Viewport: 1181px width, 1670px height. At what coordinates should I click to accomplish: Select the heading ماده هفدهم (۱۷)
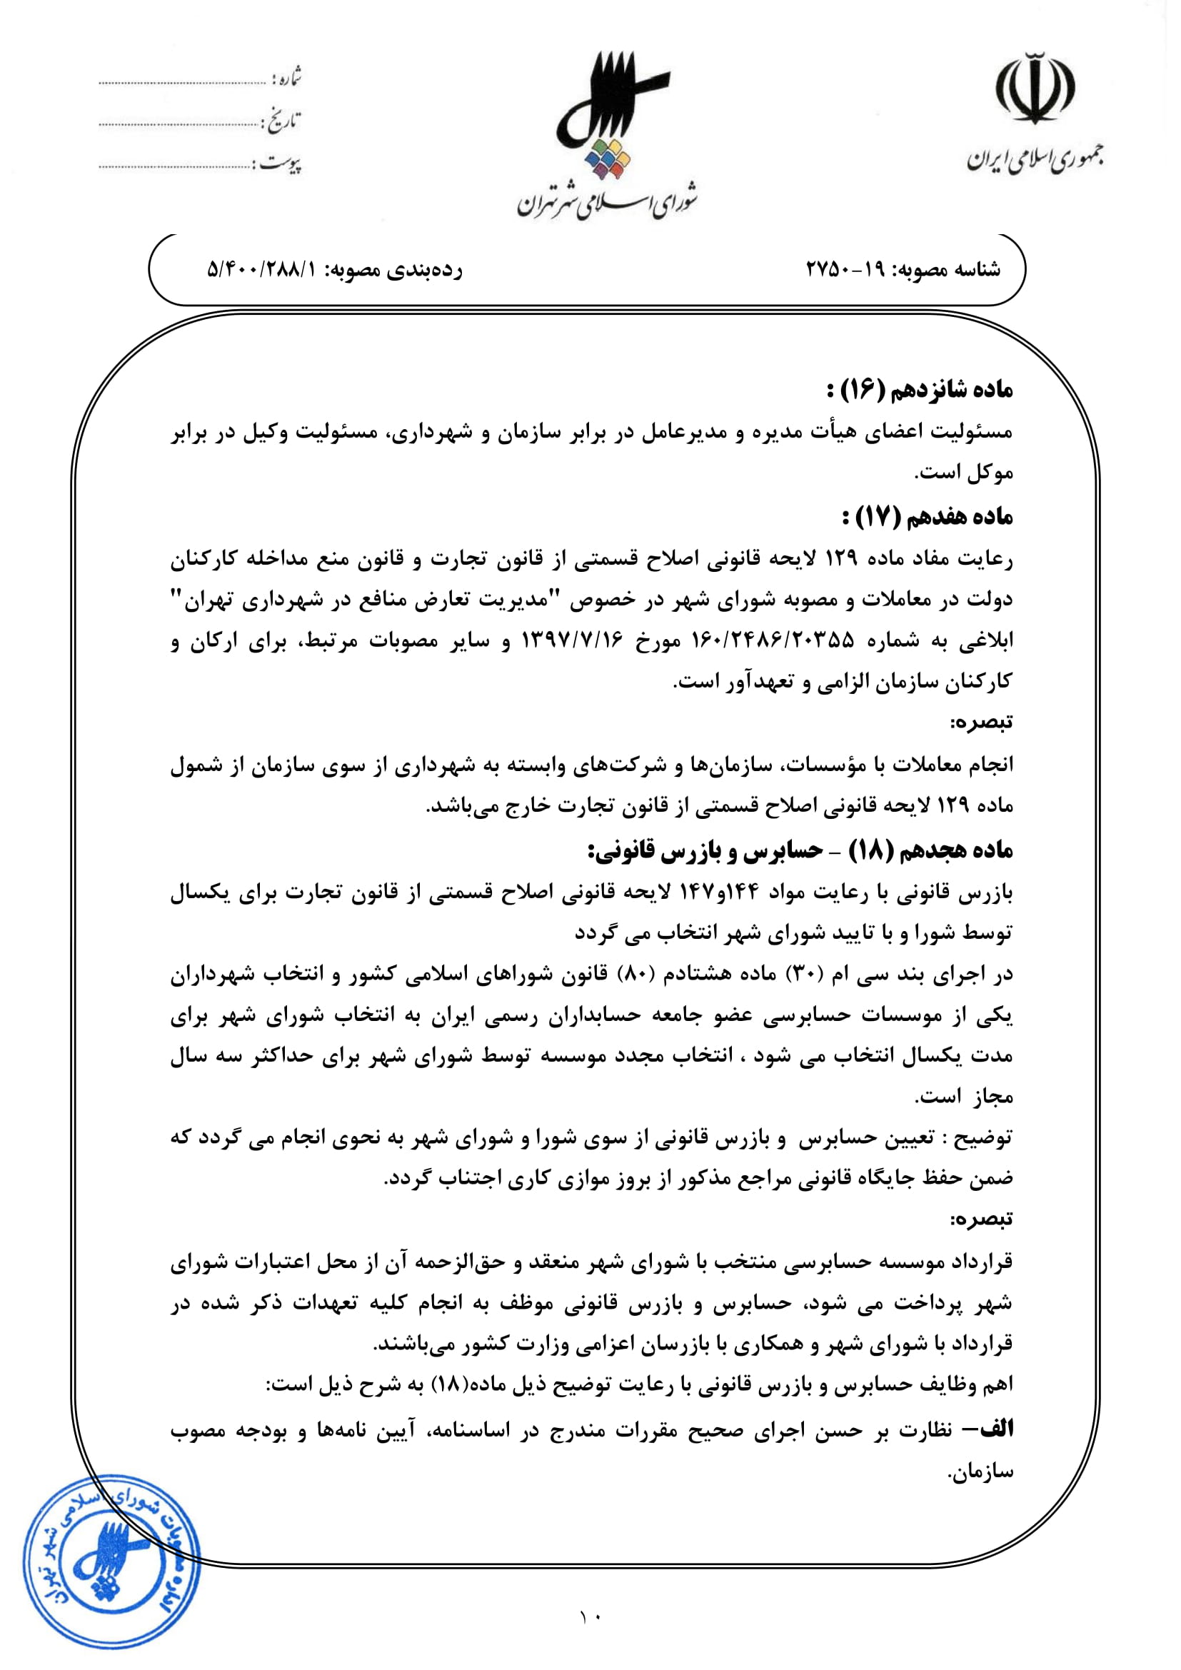[x=928, y=517]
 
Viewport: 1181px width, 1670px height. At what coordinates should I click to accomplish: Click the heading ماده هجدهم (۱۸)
[x=800, y=850]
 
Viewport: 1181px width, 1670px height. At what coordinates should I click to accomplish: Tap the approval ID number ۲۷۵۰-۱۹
[x=845, y=270]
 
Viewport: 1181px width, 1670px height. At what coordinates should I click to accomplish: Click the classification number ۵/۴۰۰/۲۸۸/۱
[x=263, y=270]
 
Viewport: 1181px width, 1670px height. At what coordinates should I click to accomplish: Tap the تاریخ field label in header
[x=283, y=121]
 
